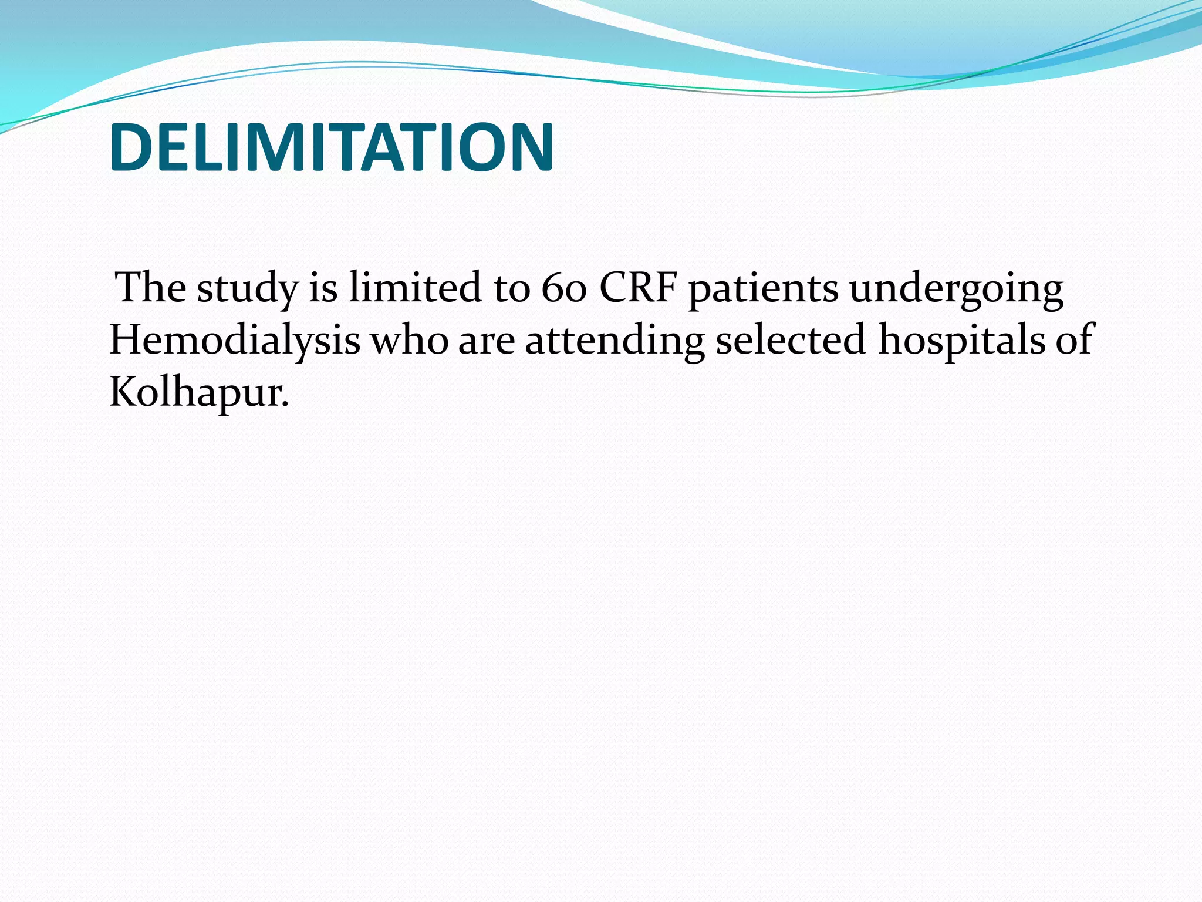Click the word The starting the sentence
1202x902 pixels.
[x=150, y=288]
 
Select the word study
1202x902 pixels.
[x=247, y=289]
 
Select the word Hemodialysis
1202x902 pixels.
[x=235, y=341]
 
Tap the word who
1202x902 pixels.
[x=409, y=341]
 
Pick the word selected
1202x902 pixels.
[x=790, y=341]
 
